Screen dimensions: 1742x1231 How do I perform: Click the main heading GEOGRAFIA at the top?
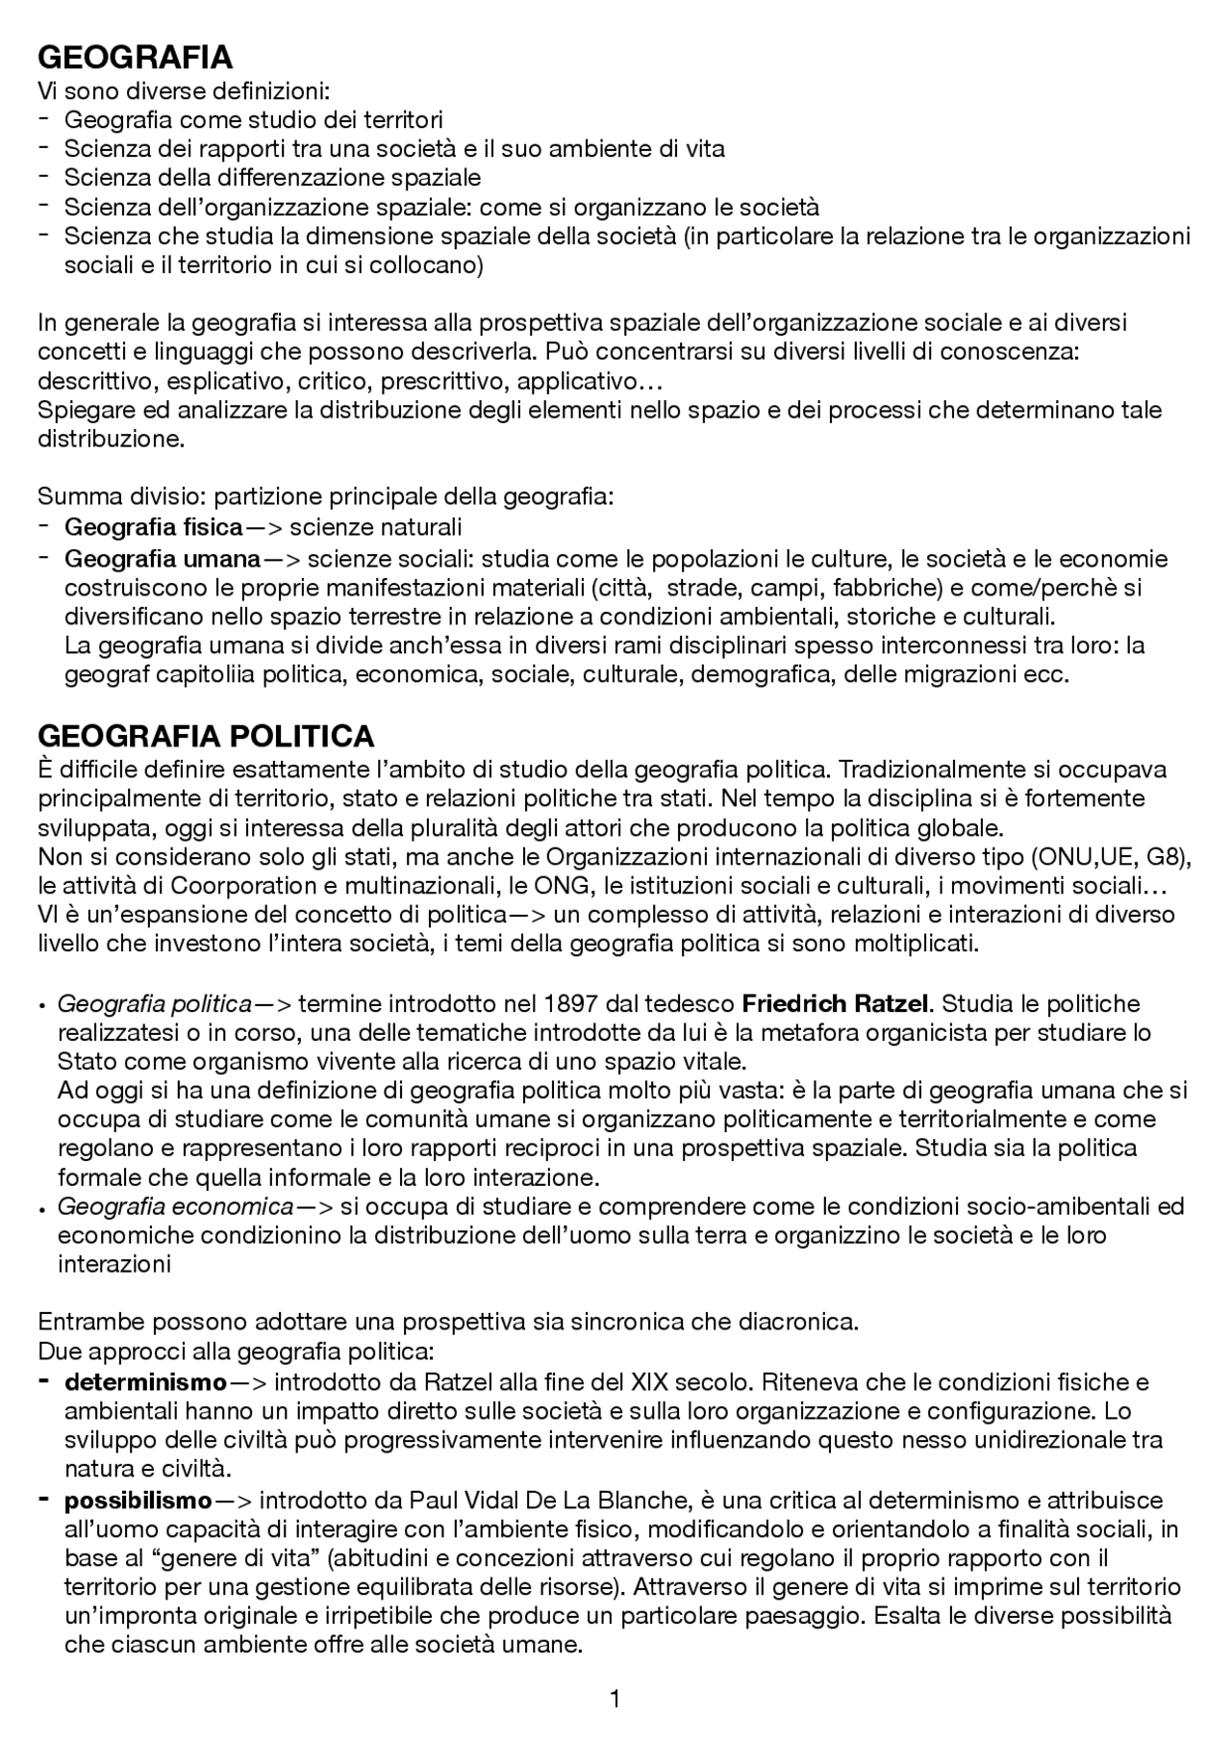pyautogui.click(x=135, y=58)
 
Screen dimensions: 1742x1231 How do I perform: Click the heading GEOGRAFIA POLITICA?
pyautogui.click(x=206, y=737)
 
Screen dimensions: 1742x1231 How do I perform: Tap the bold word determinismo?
pyautogui.click(x=145, y=1382)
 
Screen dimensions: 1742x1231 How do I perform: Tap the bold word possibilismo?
pyautogui.click(x=138, y=1500)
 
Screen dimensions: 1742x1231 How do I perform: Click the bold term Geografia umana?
pyautogui.click(x=163, y=559)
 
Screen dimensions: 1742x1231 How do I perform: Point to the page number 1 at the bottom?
pyautogui.click(x=615, y=1699)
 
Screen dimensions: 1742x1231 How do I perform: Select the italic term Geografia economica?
pyautogui.click(x=176, y=1206)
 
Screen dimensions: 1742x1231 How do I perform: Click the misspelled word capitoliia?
pyautogui.click(x=190, y=674)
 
